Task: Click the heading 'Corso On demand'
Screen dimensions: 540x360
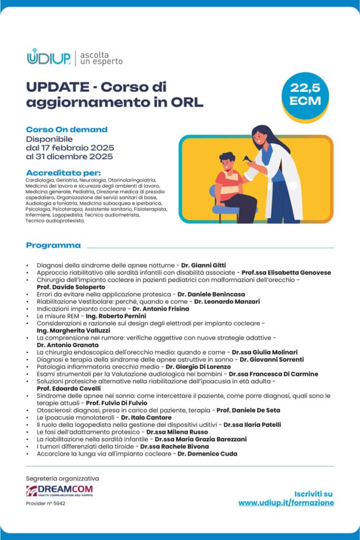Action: [x=66, y=129]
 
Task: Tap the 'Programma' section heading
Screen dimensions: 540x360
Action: [x=53, y=245]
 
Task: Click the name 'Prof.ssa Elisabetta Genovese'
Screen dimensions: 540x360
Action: [x=286, y=273]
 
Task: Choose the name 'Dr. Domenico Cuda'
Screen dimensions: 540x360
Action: [x=207, y=454]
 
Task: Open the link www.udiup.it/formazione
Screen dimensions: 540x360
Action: [x=286, y=503]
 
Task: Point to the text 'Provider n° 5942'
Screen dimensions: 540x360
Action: [x=45, y=504]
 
